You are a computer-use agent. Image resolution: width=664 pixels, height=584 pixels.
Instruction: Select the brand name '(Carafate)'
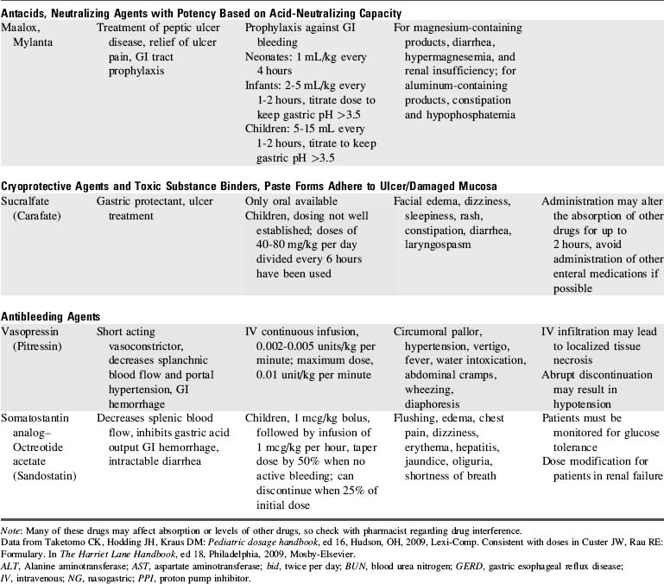(43, 215)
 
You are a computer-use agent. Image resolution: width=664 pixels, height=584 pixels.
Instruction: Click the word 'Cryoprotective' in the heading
(40, 186)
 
